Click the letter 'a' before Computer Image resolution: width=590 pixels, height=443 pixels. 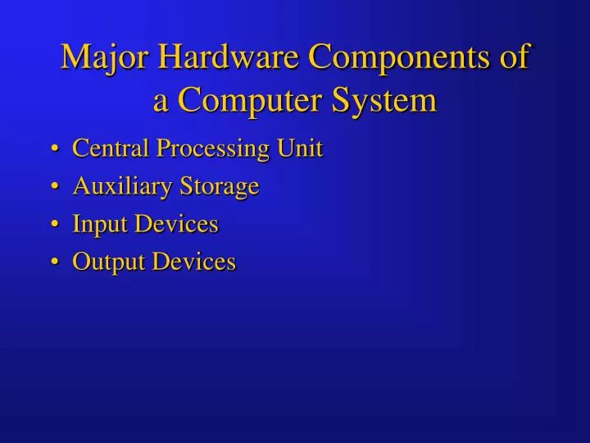pyautogui.click(x=161, y=103)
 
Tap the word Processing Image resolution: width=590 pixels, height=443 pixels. pyautogui.click(x=213, y=150)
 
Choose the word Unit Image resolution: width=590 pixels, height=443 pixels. pyautogui.click(x=300, y=148)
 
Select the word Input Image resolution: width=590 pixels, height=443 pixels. pyautogui.click(x=96, y=225)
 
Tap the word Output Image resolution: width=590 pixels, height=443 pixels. pyautogui.click(x=102, y=263)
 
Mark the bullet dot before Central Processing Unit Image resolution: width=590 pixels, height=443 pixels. pyautogui.click(x=54, y=150)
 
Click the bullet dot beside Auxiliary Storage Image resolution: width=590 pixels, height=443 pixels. pyautogui.click(x=54, y=188)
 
